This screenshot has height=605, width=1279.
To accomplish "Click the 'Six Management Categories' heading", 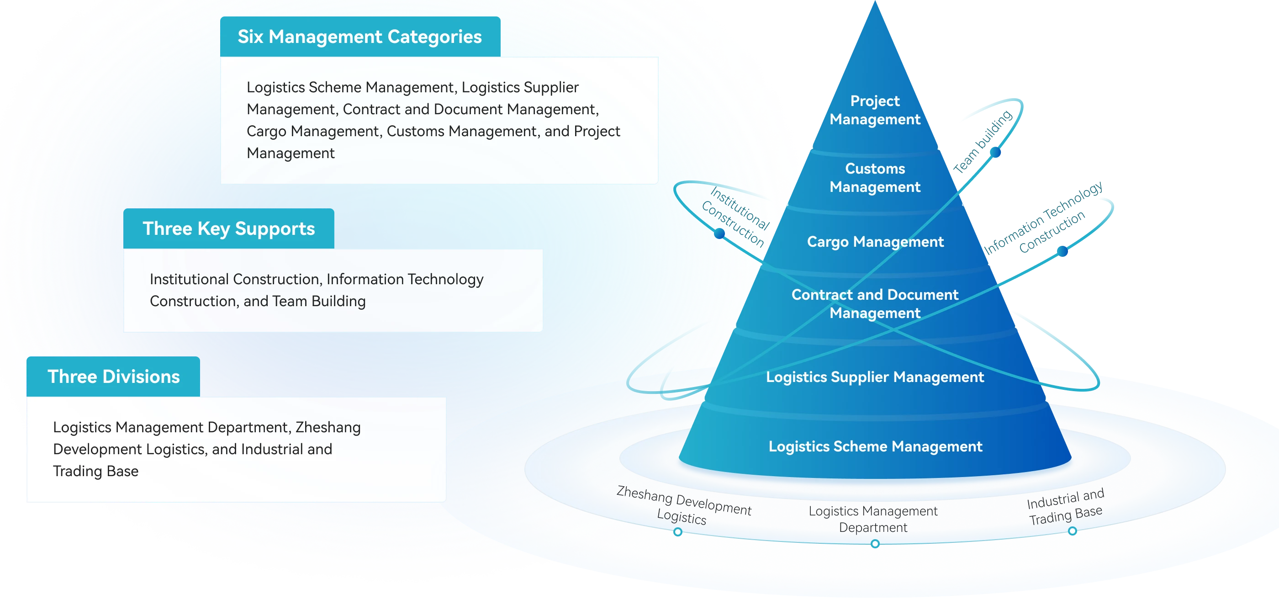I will click(359, 37).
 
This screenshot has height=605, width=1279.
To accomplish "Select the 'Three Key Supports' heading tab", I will click(228, 228).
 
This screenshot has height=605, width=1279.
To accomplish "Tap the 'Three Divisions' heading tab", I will click(113, 377).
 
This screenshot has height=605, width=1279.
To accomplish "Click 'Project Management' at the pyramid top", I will click(875, 110).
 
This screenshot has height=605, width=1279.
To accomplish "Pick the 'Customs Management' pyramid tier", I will click(875, 177).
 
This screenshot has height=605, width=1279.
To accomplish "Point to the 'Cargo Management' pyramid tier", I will click(875, 242).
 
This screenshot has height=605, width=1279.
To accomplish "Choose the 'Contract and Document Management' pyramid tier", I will click(875, 303).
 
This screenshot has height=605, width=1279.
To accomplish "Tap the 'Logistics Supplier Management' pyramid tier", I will click(875, 377).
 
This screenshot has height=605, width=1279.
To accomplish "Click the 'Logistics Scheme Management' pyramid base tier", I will click(875, 446).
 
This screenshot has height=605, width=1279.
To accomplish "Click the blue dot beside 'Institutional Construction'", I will click(719, 234).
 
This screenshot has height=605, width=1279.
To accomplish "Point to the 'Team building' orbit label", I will click(983, 142).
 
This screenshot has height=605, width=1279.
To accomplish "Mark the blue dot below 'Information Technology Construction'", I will click(1062, 251).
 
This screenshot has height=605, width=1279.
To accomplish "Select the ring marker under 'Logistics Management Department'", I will click(875, 544).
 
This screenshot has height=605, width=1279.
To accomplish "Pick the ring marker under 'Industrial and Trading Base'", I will click(1073, 531).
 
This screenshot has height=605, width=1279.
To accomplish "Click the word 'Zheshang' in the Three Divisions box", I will click(328, 427).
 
